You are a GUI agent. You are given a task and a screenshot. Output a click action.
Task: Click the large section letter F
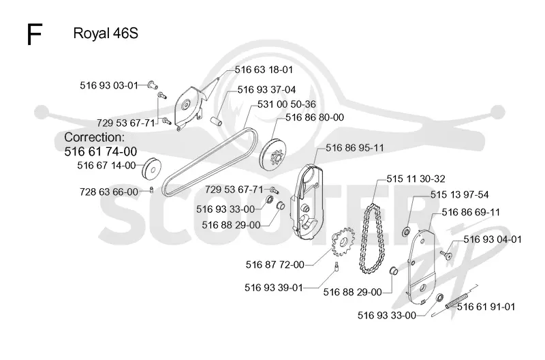[35, 34]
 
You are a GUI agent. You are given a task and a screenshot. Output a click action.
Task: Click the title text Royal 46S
[106, 33]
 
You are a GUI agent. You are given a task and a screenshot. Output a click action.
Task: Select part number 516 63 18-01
[264, 70]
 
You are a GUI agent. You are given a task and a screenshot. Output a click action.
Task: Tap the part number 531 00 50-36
[287, 104]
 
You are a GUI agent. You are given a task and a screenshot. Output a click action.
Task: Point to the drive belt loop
[166, 181]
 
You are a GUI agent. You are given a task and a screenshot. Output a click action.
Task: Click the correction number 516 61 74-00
[101, 151]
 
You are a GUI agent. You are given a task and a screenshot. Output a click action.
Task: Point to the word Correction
[94, 137]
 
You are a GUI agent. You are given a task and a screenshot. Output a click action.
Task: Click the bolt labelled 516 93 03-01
[152, 84]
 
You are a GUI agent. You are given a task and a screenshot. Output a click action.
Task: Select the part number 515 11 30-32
[416, 179]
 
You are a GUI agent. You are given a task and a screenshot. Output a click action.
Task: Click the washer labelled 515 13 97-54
[406, 232]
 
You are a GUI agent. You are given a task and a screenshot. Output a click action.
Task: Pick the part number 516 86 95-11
[355, 148]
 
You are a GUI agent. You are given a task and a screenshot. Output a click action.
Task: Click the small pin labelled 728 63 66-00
[151, 190]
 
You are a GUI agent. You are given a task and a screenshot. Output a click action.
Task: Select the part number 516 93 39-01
[274, 288]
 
